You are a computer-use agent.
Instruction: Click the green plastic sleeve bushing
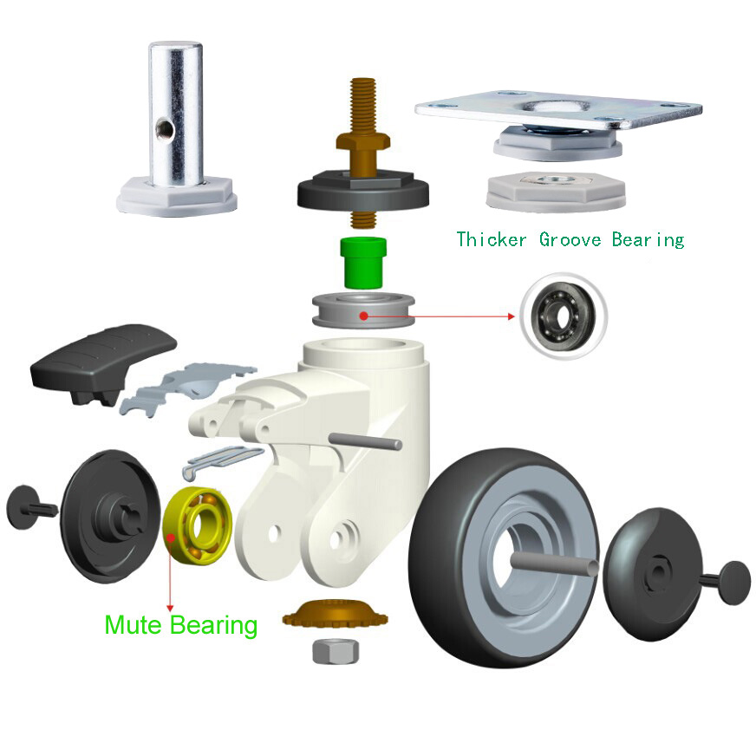363,263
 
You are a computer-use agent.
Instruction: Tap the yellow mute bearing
198,525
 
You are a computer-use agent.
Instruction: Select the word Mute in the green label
133,625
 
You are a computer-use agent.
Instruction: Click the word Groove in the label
570,239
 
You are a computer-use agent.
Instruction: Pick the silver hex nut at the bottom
336,651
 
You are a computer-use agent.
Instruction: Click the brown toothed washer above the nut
336,613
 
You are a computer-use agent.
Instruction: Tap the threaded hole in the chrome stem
163,128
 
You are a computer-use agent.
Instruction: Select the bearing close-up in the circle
564,316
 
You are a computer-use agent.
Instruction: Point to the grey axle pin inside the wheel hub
555,564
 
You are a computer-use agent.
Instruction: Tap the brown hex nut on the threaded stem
363,141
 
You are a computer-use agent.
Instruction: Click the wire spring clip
223,461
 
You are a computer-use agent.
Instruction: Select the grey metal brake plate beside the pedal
187,386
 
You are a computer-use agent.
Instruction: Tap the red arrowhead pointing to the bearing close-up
512,316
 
